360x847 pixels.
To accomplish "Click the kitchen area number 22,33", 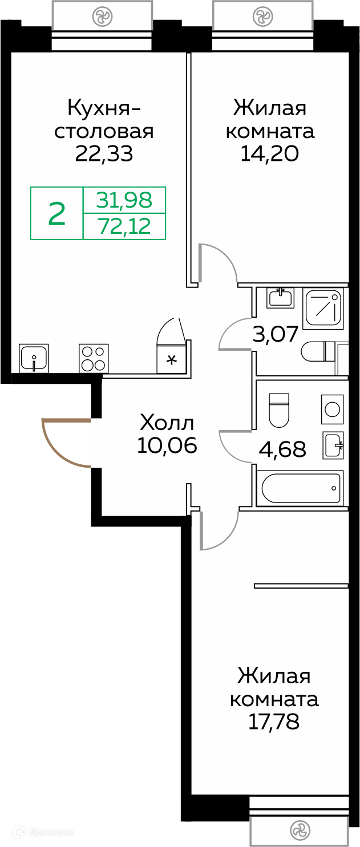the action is tap(104, 153).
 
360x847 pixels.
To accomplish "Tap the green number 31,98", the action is tap(124, 200).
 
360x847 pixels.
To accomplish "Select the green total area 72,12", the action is tap(124, 226).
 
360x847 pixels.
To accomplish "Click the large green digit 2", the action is tap(57, 213).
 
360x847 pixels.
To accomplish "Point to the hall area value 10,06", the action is tap(167, 445).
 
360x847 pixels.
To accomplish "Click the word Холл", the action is tap(167, 423).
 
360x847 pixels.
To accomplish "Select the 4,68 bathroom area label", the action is tap(282, 449).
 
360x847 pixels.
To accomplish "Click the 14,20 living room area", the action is tap(270, 153).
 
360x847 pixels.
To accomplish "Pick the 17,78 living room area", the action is tap(274, 722).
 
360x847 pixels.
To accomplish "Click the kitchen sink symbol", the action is tap(34, 358).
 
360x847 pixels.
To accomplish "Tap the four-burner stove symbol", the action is tap(94, 358).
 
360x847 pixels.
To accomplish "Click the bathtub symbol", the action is tap(300, 488).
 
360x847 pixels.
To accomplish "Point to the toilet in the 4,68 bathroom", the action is tap(278, 410).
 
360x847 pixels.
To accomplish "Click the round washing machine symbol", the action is tap(333, 409).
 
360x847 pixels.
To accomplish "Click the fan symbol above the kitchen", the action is tap(102, 16).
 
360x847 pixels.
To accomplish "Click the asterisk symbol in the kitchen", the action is tap(172, 359).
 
